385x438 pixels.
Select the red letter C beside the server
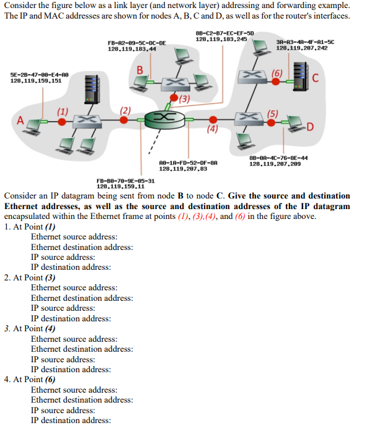316,78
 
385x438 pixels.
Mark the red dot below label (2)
125,119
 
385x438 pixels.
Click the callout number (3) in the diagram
185,97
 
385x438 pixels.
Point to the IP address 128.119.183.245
221,39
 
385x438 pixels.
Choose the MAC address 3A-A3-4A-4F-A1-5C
305,42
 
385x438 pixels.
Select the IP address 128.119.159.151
36,81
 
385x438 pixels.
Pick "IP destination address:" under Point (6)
71,421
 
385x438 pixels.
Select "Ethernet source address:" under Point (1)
74,236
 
